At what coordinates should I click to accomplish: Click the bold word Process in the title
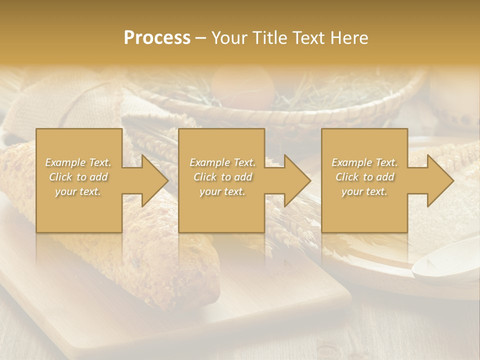click(157, 38)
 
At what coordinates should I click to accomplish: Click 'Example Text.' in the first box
click(78, 162)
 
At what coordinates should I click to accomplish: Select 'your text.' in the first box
click(78, 191)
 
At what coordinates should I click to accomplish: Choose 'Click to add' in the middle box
click(222, 177)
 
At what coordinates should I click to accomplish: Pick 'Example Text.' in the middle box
click(222, 162)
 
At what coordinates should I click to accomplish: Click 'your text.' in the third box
click(364, 191)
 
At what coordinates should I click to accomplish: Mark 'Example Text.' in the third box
click(364, 162)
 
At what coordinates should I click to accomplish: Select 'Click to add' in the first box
click(78, 177)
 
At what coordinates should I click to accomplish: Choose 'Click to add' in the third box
click(364, 177)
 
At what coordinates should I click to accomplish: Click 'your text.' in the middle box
click(222, 191)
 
